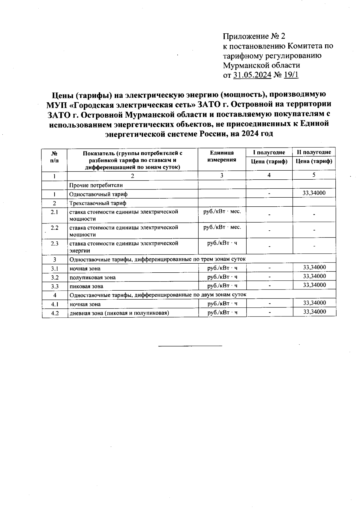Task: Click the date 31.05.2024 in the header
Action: coord(252,75)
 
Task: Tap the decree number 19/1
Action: coord(291,75)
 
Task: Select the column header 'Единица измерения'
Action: coord(222,156)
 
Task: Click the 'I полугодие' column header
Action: coord(269,152)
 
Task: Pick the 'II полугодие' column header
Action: coord(314,152)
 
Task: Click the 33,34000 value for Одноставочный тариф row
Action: coord(314,193)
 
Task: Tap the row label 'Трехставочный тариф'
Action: coord(98,203)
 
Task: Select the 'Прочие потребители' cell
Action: coord(96,185)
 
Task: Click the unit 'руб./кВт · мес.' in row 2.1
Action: coord(222,211)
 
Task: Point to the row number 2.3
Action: coord(55,244)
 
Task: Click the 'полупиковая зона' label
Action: coord(92,277)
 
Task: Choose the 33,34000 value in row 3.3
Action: coord(314,285)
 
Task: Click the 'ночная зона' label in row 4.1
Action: coord(85,304)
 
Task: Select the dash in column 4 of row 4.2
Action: coord(270,313)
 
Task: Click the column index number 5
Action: coord(313,175)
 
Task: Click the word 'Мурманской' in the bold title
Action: coord(150,115)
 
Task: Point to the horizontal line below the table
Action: coord(190,346)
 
